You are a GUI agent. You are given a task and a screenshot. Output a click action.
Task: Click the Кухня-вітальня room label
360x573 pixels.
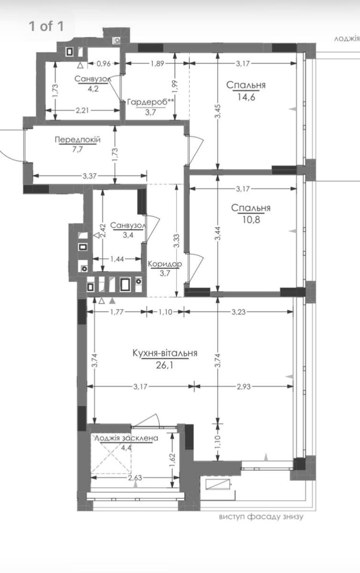(165, 353)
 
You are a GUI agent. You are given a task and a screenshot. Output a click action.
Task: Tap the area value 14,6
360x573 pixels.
(246, 97)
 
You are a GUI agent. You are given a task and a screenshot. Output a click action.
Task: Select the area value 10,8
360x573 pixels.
(251, 220)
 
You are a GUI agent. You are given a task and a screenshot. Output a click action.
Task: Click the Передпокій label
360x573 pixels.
(78, 139)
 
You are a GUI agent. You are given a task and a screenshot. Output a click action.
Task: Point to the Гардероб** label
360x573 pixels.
(150, 102)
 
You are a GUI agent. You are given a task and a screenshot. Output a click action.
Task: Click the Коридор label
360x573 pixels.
(165, 264)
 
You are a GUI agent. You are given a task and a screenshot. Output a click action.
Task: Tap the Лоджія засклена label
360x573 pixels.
(127, 438)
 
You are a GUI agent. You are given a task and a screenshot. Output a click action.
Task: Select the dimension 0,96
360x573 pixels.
(104, 64)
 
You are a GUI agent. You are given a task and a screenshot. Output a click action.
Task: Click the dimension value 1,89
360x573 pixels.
(157, 64)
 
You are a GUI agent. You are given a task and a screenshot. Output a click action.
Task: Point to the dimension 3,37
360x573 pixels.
(90, 176)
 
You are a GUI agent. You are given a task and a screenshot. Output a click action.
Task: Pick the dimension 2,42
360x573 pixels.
(103, 231)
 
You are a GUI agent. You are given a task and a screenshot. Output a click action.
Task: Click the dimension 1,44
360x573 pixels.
(117, 259)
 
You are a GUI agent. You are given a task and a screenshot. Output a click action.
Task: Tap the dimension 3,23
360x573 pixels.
(238, 312)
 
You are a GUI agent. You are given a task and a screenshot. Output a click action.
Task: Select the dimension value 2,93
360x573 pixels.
(244, 386)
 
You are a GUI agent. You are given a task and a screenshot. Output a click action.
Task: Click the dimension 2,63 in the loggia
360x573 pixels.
(135, 478)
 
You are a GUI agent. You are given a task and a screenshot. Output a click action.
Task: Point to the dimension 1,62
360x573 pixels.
(172, 460)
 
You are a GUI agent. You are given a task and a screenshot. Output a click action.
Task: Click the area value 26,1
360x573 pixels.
(165, 365)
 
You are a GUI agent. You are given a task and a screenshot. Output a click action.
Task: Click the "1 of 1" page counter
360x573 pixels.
(46, 26)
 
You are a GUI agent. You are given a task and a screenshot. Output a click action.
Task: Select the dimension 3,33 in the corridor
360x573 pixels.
(177, 241)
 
